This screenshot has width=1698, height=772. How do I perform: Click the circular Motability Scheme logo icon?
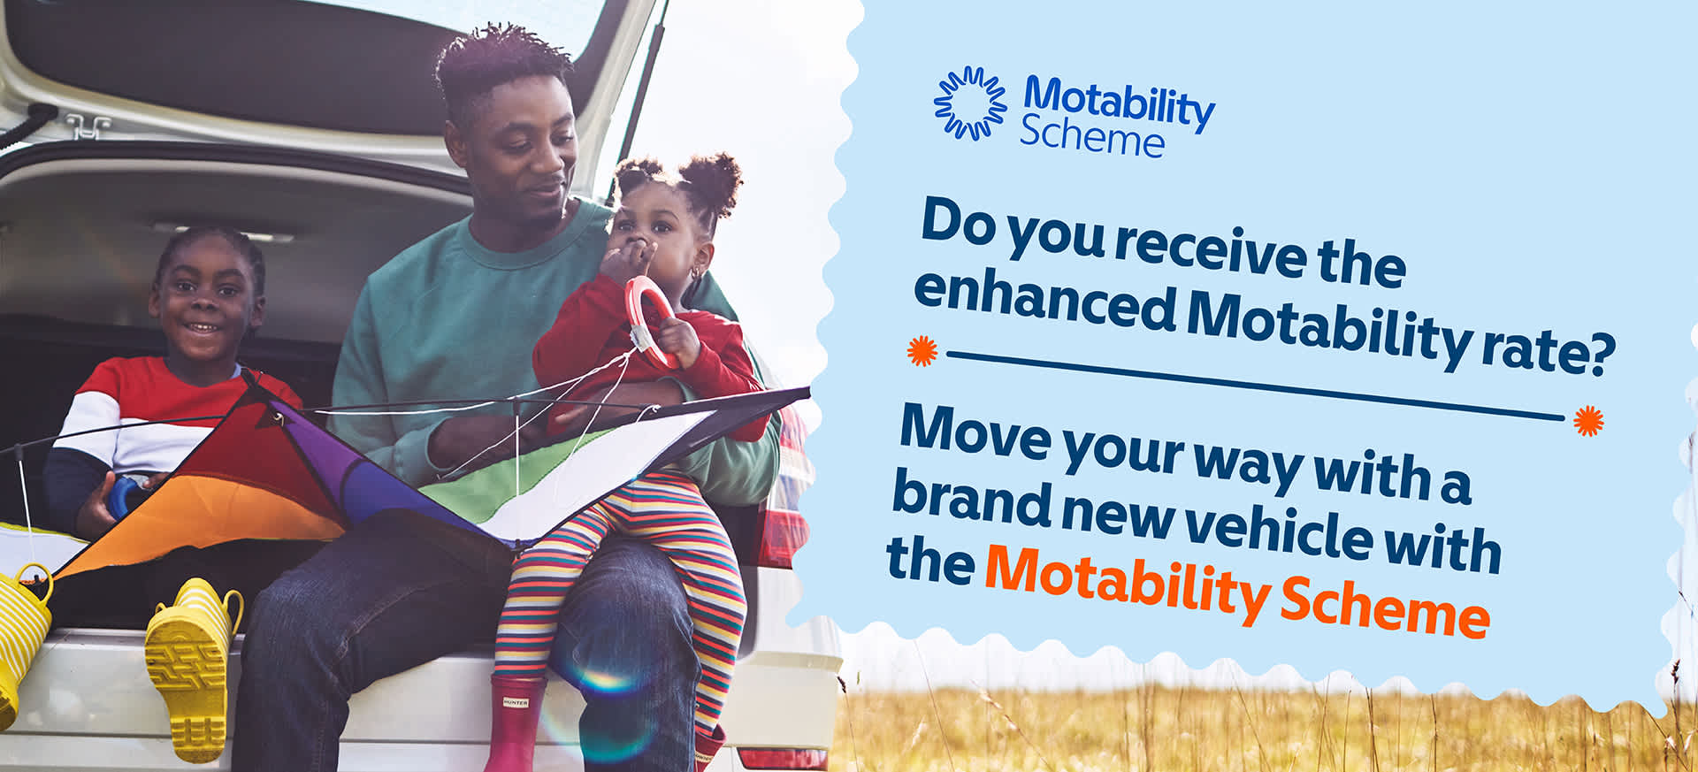coord(970,103)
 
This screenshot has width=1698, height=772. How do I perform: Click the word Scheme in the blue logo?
coord(1092,139)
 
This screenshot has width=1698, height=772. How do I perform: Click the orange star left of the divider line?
coord(922,351)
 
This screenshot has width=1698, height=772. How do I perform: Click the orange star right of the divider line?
coord(1588,420)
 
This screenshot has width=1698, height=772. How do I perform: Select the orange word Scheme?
coord(1385,608)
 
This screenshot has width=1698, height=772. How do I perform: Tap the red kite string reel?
coord(652,318)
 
